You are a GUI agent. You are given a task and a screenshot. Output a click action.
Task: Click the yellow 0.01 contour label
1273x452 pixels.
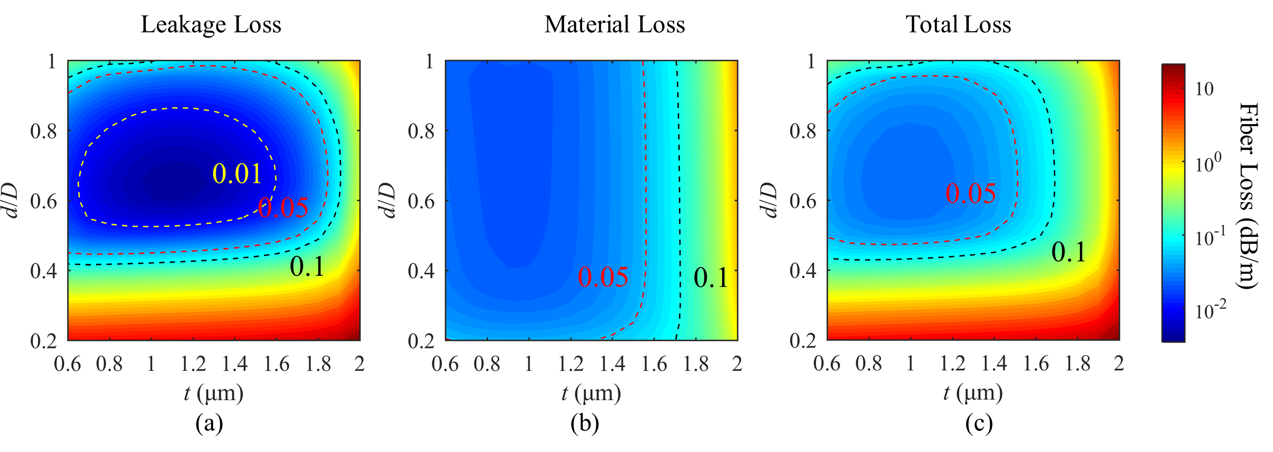pyautogui.click(x=237, y=174)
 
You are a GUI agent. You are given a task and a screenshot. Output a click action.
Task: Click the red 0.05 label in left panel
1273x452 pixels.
pyautogui.click(x=283, y=207)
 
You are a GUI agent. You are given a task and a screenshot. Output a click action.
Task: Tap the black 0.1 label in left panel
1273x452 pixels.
pyautogui.click(x=307, y=266)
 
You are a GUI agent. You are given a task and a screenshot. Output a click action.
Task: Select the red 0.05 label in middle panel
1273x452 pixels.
pyautogui.click(x=603, y=277)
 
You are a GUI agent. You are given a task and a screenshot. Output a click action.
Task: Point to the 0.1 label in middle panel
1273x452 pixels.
pyautogui.click(x=710, y=277)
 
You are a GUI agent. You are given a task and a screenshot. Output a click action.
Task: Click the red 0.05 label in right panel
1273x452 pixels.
pyautogui.click(x=970, y=193)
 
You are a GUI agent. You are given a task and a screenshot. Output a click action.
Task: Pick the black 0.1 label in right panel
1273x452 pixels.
pyautogui.click(x=1069, y=252)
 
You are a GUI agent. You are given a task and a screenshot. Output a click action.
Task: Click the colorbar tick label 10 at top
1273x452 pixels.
pyautogui.click(x=1205, y=89)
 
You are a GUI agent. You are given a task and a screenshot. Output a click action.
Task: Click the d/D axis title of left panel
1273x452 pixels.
pyautogui.click(x=11, y=200)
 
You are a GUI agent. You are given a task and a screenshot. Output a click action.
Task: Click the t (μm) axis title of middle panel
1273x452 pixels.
pyautogui.click(x=591, y=393)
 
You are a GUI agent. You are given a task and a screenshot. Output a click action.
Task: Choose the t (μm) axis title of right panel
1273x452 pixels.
pyautogui.click(x=973, y=393)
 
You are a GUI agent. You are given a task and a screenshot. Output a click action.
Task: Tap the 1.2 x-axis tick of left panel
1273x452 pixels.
pyautogui.click(x=193, y=364)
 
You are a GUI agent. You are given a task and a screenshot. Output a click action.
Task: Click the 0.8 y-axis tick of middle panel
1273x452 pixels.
pyautogui.click(x=421, y=131)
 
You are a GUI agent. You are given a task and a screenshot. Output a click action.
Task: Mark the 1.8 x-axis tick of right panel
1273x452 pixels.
pyautogui.click(x=1078, y=364)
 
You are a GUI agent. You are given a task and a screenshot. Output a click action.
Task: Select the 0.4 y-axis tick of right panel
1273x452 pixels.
pyautogui.click(x=803, y=271)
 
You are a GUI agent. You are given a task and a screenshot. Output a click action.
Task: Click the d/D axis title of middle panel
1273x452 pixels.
pyautogui.click(x=389, y=200)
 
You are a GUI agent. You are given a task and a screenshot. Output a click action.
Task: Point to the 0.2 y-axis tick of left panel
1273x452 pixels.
pyautogui.click(x=43, y=341)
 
